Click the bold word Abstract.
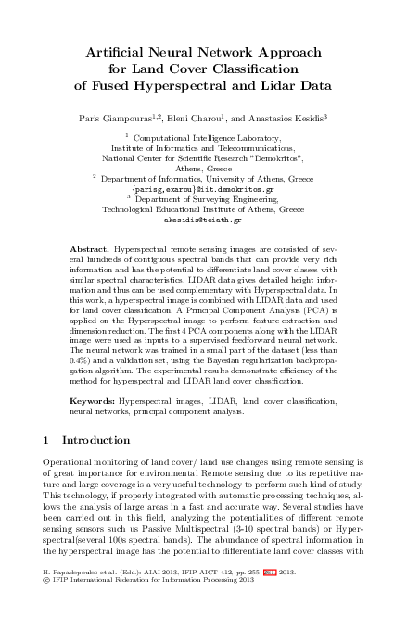[x=89, y=250]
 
